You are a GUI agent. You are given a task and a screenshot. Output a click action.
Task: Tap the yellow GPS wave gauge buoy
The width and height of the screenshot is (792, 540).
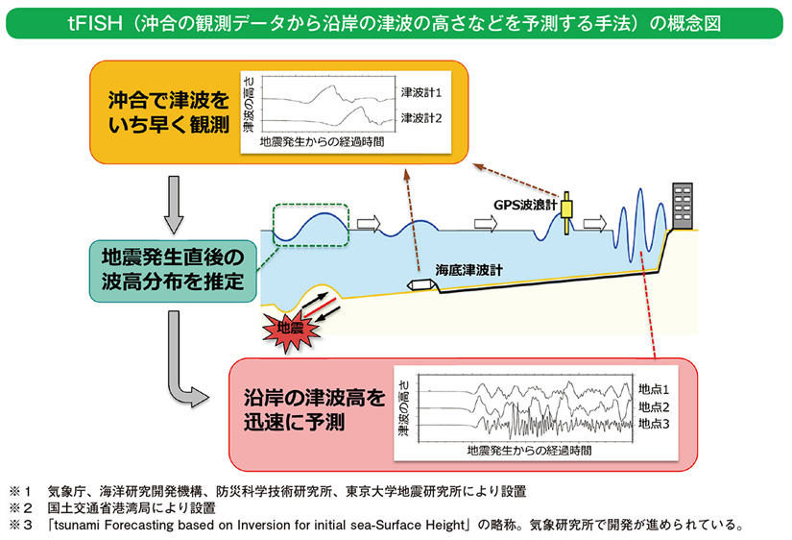coord(566,210)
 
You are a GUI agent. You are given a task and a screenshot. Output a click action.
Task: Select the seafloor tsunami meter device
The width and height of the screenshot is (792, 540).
coord(421,285)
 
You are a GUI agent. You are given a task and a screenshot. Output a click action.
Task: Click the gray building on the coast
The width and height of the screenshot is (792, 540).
coord(683,205)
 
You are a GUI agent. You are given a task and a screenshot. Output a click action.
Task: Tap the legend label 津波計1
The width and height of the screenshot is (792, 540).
coord(420,94)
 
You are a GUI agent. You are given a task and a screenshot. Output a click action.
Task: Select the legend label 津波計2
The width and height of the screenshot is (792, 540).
coord(420,118)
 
